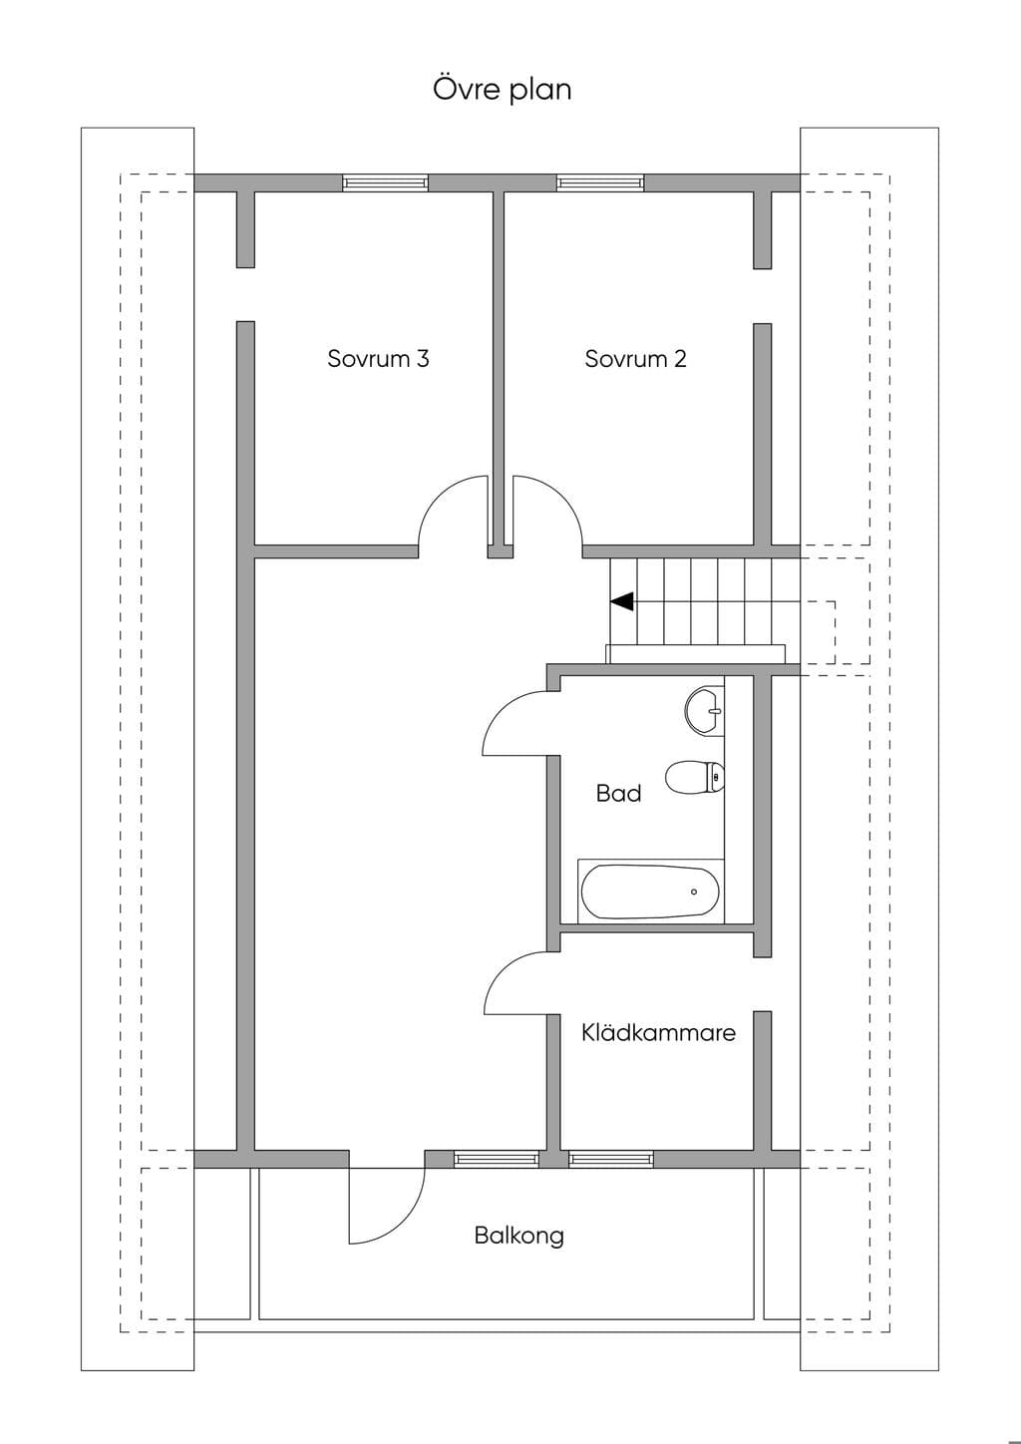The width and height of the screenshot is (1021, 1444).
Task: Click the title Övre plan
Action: tap(503, 89)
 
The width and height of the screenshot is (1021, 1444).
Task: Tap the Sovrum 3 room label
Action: tap(378, 358)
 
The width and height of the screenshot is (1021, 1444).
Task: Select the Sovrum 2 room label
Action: tap(635, 358)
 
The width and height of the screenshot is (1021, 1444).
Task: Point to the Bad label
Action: tap(619, 793)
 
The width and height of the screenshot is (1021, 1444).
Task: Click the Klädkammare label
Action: tap(658, 1032)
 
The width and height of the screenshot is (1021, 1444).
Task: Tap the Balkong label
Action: tap(518, 1236)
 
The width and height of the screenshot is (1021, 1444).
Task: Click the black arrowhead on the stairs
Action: tap(622, 601)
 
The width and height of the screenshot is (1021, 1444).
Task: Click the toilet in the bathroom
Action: tap(695, 778)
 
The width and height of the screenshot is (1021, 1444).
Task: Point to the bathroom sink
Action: tap(705, 710)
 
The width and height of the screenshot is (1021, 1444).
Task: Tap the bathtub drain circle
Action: tap(694, 893)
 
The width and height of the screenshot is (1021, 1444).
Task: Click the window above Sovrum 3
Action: tap(386, 183)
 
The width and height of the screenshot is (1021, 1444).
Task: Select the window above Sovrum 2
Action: tap(601, 183)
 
